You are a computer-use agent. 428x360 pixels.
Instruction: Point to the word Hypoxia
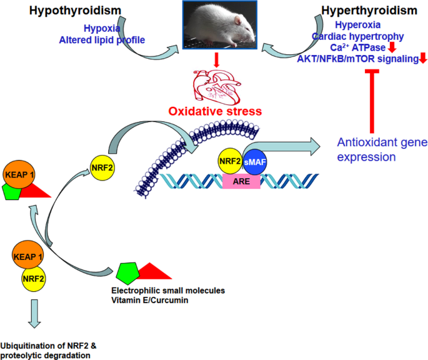click(x=101, y=28)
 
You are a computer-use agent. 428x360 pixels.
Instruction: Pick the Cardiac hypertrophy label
click(x=366, y=36)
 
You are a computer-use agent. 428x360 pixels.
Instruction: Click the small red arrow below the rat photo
click(x=215, y=60)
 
